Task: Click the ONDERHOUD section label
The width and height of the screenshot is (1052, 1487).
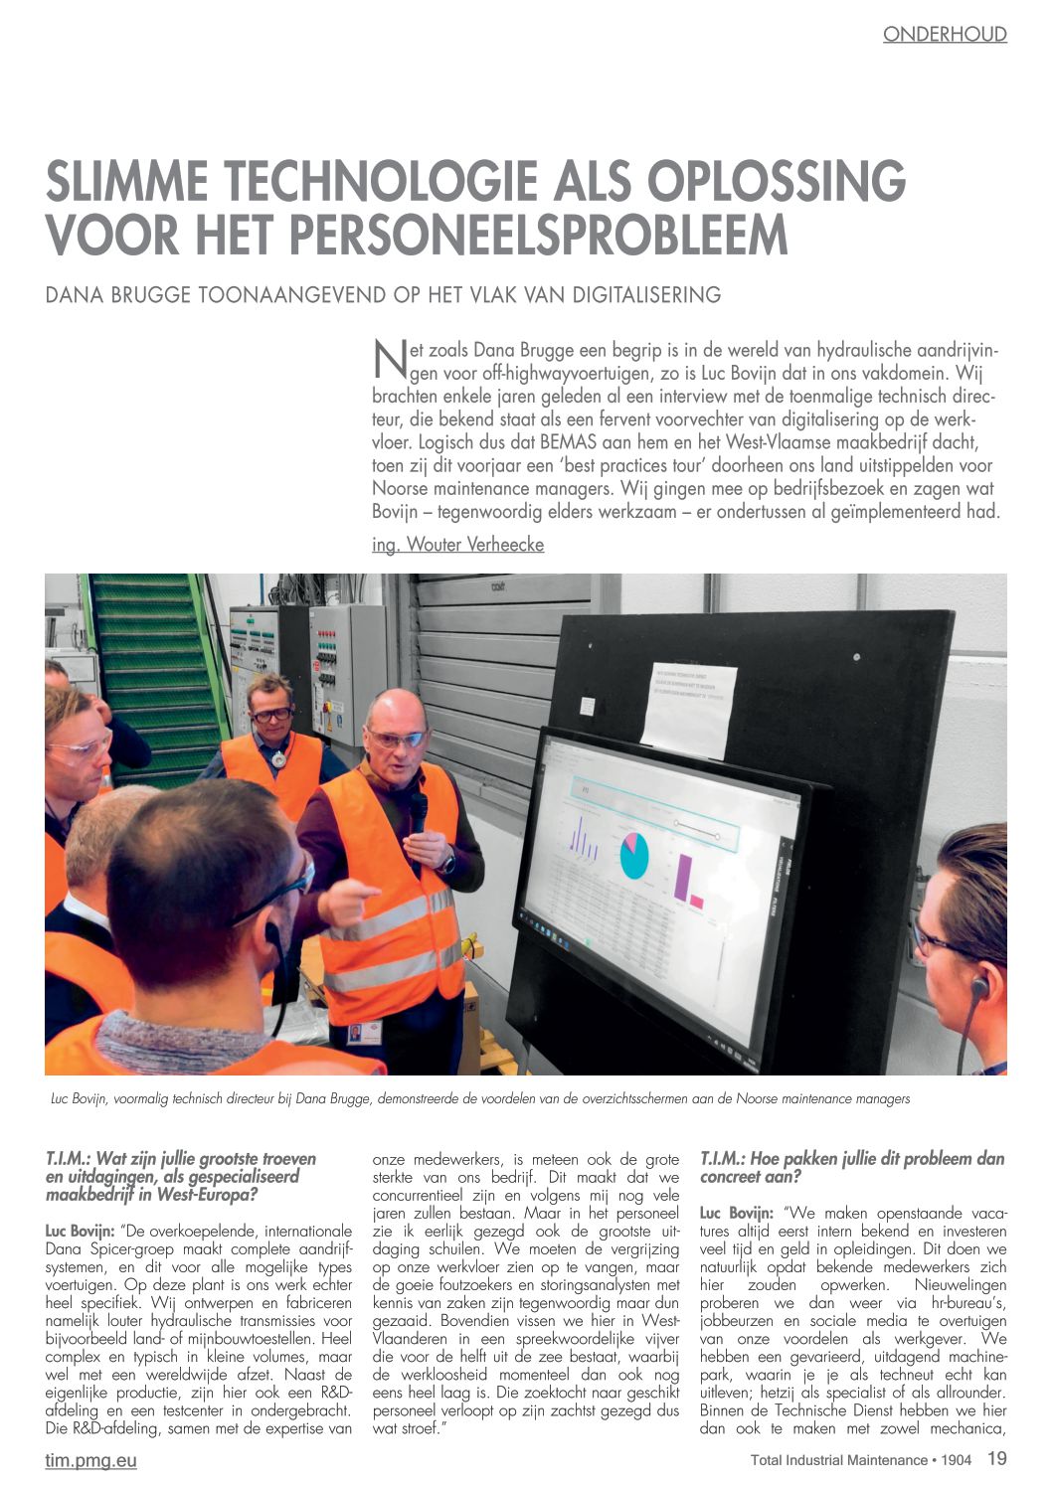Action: pyautogui.click(x=945, y=35)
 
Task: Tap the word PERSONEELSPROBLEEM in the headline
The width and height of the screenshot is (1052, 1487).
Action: pyautogui.click(x=540, y=235)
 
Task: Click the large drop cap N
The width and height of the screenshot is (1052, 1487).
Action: pyautogui.click(x=389, y=360)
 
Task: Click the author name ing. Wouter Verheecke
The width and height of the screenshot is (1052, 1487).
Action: pyautogui.click(x=457, y=545)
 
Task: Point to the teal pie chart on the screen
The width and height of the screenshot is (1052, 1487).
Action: pyautogui.click(x=633, y=855)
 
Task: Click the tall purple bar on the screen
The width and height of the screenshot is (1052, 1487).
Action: pyautogui.click(x=682, y=876)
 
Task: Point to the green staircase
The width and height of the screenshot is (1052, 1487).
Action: pyautogui.click(x=154, y=656)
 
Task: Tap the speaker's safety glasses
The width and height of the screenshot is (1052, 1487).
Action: pyautogui.click(x=397, y=739)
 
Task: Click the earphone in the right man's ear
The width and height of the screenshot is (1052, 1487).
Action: pyautogui.click(x=978, y=987)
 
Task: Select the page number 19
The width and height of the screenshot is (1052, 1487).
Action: pyautogui.click(x=996, y=1459)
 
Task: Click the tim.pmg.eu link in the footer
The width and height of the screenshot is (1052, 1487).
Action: pyautogui.click(x=90, y=1460)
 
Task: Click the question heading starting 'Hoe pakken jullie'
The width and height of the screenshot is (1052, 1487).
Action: pyautogui.click(x=852, y=1168)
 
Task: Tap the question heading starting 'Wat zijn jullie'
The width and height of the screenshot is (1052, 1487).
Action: pyautogui.click(x=181, y=1176)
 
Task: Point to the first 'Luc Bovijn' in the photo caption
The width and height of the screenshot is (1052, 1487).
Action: pyautogui.click(x=80, y=1099)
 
